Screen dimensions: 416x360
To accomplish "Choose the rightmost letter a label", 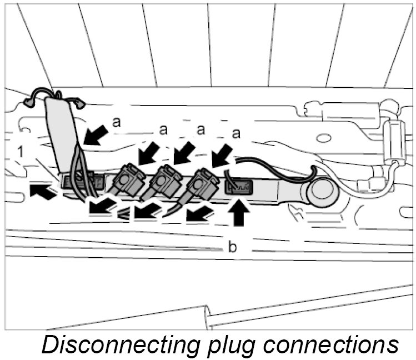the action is coord(237,133).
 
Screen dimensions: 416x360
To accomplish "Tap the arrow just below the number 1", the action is coord(43,192).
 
